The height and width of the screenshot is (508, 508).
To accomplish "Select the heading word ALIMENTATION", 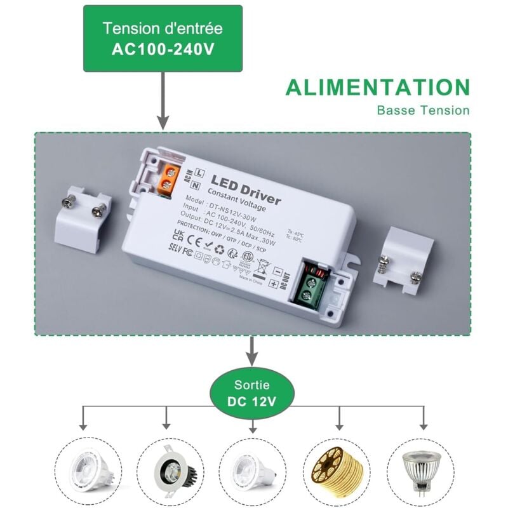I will [377, 88].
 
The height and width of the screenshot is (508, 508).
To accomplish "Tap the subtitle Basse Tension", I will [423, 110].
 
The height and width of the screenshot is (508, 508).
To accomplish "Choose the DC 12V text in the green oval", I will [252, 401].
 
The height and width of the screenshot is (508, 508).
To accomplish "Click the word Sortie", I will [252, 385].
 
